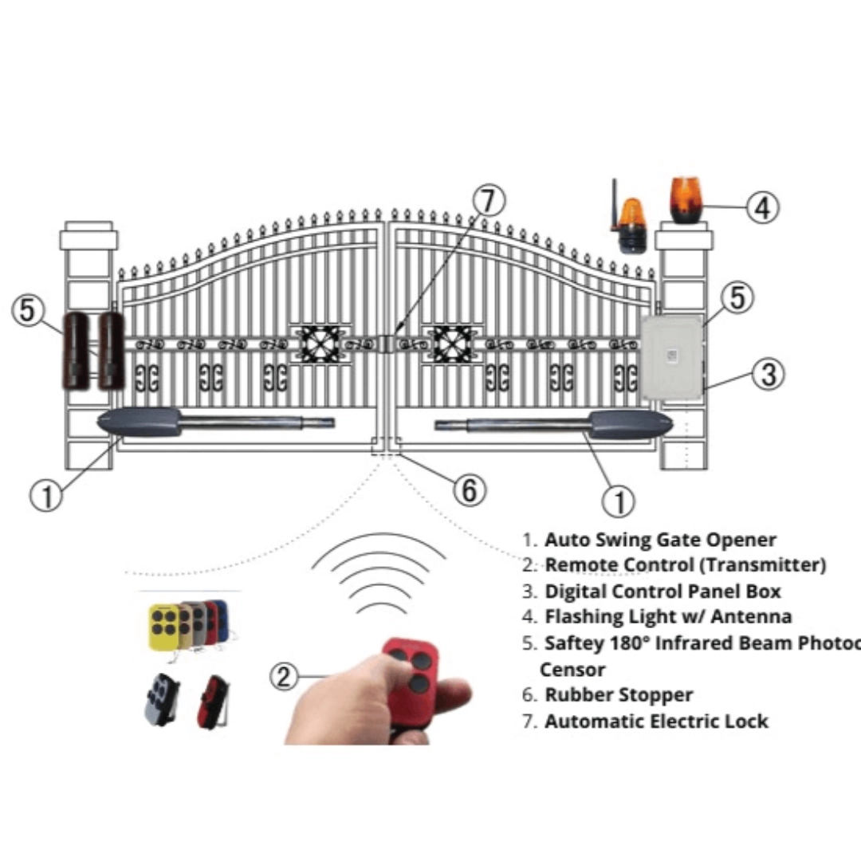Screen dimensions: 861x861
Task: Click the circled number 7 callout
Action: tap(488, 201)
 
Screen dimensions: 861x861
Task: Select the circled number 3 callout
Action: tap(769, 373)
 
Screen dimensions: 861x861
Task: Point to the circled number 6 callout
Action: tap(469, 489)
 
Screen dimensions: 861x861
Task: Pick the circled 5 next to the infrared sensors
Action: tap(29, 309)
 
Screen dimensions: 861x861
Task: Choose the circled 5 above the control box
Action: tap(737, 297)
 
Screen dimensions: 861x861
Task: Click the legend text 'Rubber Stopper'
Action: tap(618, 694)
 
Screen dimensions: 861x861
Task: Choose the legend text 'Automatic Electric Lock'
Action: tap(656, 721)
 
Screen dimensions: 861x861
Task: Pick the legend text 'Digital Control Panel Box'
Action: tap(662, 591)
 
